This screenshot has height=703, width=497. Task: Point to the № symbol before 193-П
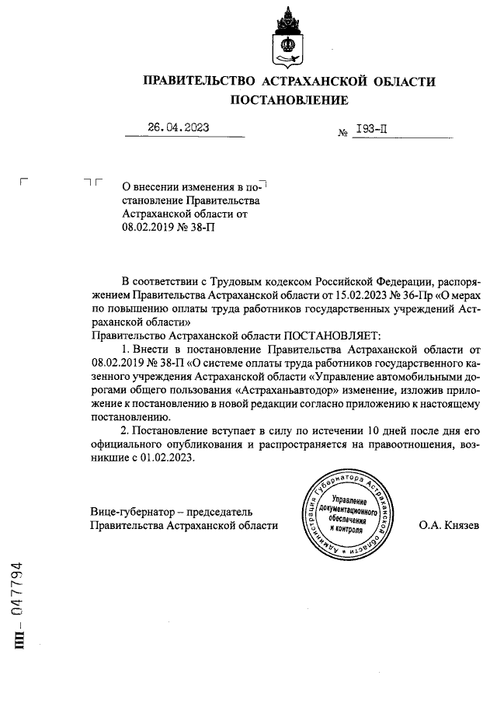342,134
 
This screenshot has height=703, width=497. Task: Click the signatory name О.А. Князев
450,525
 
